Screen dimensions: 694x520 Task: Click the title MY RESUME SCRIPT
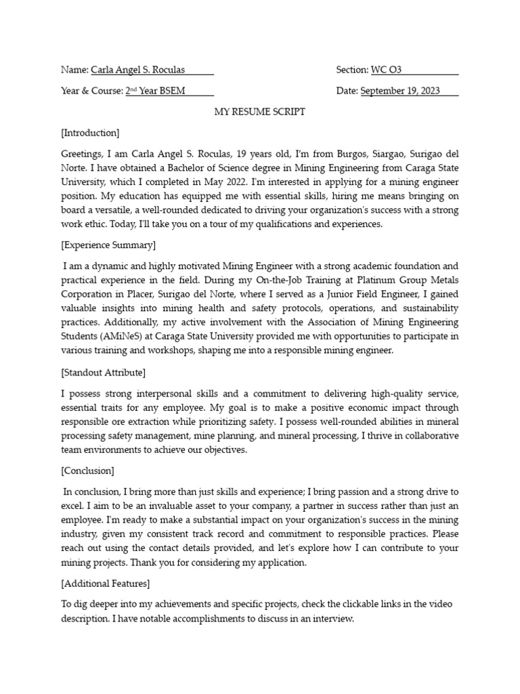[x=259, y=112]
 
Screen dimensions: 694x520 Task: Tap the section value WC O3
[x=386, y=70]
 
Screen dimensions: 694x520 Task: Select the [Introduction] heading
[x=90, y=133]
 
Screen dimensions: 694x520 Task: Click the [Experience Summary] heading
[x=108, y=245]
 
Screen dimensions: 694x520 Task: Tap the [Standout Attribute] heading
[x=103, y=372]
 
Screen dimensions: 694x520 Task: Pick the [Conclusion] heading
[x=87, y=470]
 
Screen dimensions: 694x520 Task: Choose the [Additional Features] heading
[x=105, y=583]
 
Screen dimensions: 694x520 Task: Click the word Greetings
[x=82, y=154]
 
